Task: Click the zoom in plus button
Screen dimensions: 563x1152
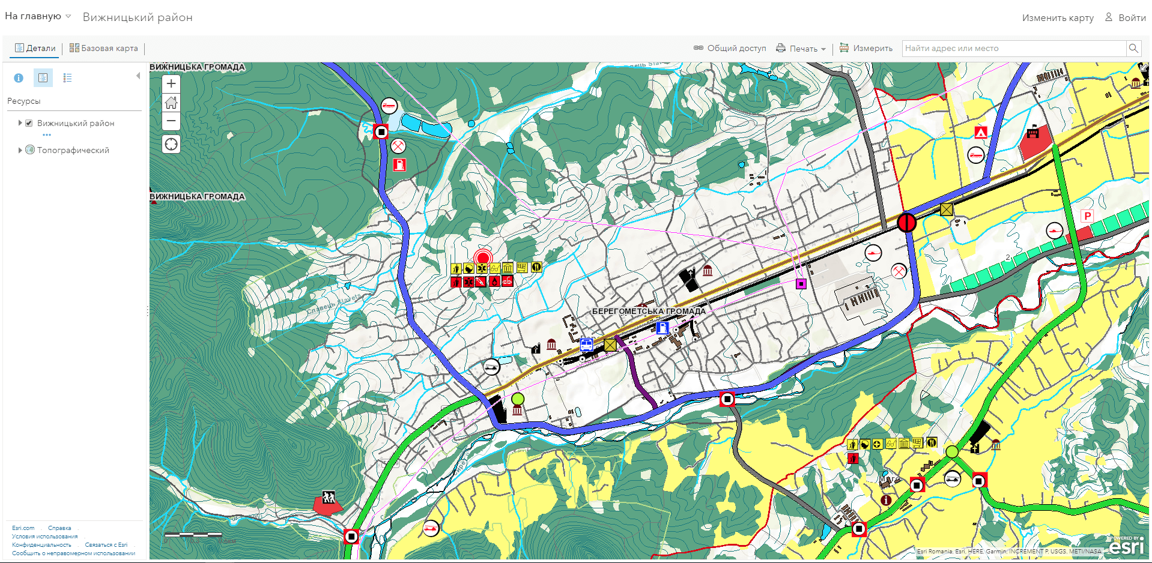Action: pos(171,84)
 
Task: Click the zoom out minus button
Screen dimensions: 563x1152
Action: pos(171,121)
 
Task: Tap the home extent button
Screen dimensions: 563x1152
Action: pos(171,103)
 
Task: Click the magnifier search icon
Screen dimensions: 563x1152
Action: pos(1133,48)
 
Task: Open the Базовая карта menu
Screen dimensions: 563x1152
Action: pos(104,48)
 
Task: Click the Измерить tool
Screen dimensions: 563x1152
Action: pos(866,48)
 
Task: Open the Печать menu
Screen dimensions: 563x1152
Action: pos(801,49)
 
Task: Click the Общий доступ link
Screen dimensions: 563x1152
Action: pos(730,48)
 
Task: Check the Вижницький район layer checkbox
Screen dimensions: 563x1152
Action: pos(29,123)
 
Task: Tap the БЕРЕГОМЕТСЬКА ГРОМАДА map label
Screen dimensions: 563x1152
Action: pos(649,312)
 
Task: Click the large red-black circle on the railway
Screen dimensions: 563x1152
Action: pos(906,223)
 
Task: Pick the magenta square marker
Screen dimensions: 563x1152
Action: pos(801,284)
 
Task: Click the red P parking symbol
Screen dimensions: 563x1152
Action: pos(1087,217)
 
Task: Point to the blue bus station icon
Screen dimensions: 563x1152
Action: pos(586,345)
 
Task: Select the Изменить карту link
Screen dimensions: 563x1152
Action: pos(1057,17)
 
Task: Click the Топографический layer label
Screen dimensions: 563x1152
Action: pos(73,150)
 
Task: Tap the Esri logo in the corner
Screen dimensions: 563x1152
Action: pos(1127,546)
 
